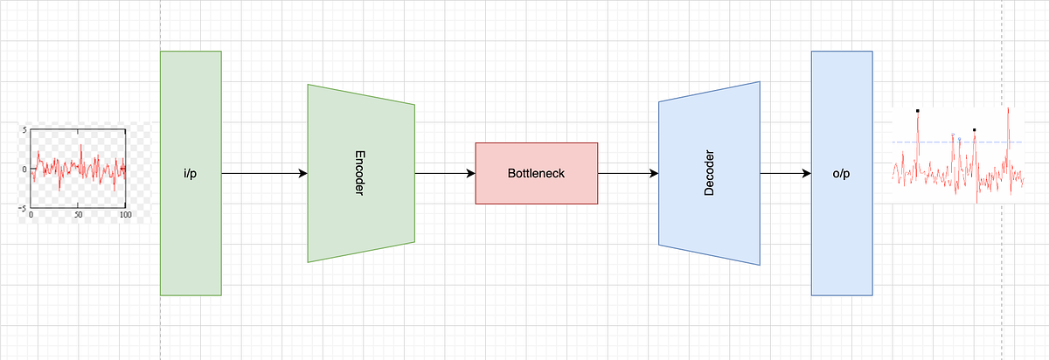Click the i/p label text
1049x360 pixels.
point(191,174)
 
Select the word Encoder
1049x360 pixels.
point(359,173)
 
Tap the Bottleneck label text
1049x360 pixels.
point(536,173)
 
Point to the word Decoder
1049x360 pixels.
point(709,173)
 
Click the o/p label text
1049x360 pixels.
point(842,174)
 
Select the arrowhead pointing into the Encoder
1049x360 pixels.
point(303,173)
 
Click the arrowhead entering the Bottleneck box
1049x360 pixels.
point(471,173)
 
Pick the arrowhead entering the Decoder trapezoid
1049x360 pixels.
point(654,173)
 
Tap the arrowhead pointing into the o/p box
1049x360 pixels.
point(807,173)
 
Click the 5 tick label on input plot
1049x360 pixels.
point(24,130)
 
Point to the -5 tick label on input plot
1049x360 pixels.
point(23,208)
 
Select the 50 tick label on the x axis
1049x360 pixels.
point(78,215)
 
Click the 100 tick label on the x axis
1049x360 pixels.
point(126,215)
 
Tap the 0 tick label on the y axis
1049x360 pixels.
point(24,169)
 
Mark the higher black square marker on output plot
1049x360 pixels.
point(917,111)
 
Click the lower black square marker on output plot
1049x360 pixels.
point(974,129)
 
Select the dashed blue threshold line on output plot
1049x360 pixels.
point(956,142)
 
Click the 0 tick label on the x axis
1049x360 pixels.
point(31,215)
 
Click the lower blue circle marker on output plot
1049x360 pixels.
point(959,139)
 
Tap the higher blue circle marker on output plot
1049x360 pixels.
point(953,135)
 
